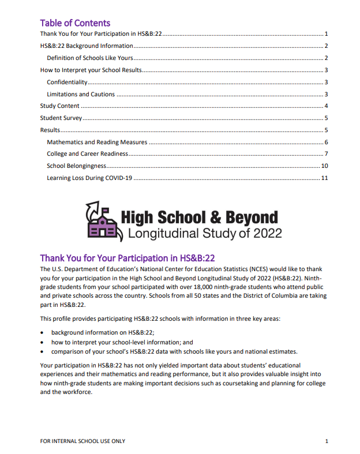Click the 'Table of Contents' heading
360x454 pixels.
click(x=75, y=23)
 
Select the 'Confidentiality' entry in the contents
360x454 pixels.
click(x=67, y=82)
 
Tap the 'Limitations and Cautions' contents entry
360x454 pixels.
click(x=81, y=94)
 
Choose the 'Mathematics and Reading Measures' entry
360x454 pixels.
click(x=97, y=142)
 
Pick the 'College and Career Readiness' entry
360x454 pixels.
click(x=87, y=154)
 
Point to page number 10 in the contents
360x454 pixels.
click(x=324, y=166)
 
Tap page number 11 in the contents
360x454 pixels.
click(x=324, y=178)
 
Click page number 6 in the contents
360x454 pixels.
click(x=326, y=142)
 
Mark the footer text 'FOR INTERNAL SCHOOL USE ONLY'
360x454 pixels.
click(x=82, y=441)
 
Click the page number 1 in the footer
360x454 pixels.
click(x=326, y=441)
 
